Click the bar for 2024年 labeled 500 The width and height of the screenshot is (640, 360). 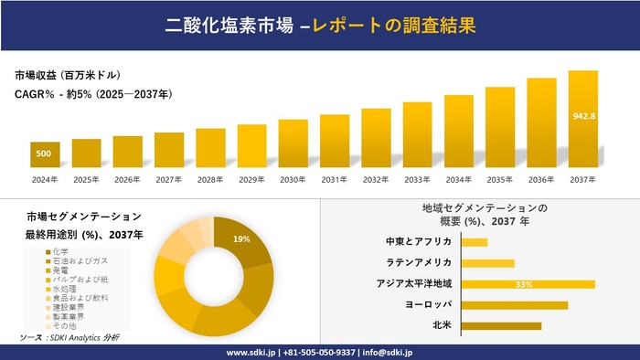pyautogui.click(x=44, y=154)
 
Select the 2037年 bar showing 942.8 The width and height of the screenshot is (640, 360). pyautogui.click(x=583, y=119)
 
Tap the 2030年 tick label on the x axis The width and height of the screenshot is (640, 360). pyautogui.click(x=293, y=179)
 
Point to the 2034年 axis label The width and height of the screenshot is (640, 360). pyautogui.click(x=458, y=179)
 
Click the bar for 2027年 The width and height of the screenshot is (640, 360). pyautogui.click(x=169, y=151)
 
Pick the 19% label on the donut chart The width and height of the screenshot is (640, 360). pyautogui.click(x=241, y=239)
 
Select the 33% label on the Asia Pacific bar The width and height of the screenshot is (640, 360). pyautogui.click(x=524, y=284)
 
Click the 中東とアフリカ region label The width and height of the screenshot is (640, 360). pyautogui.click(x=420, y=242)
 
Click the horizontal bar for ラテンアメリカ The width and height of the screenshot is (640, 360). pyautogui.click(x=487, y=263)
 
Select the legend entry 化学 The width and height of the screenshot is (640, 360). pyautogui.click(x=60, y=251)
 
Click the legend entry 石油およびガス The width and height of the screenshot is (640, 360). pyautogui.click(x=77, y=261)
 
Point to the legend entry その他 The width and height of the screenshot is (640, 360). pyautogui.click(x=64, y=325)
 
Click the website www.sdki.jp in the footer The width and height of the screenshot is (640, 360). pyautogui.click(x=253, y=352)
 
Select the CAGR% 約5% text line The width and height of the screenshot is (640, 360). pyautogui.click(x=94, y=93)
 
